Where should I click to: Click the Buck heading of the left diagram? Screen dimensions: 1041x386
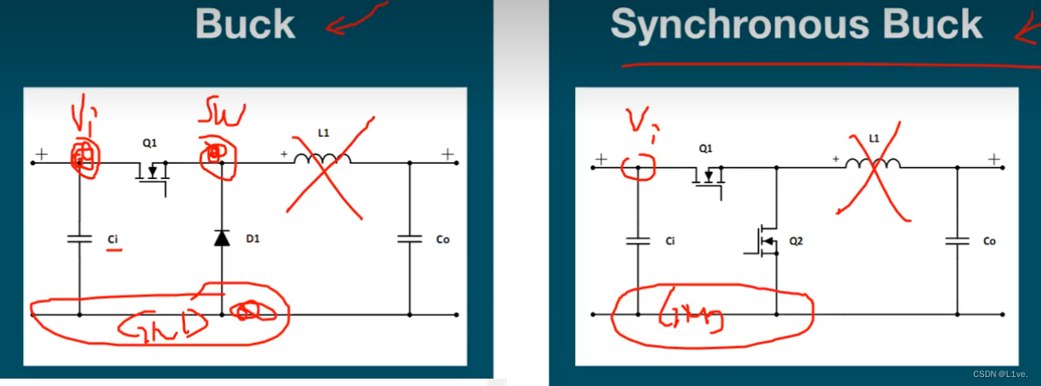click(x=245, y=25)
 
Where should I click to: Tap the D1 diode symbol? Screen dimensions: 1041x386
click(x=222, y=238)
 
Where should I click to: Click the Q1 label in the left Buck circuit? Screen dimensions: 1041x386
click(x=149, y=143)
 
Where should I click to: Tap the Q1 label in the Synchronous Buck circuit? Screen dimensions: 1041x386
click(x=706, y=149)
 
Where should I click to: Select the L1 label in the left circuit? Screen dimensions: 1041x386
click(x=323, y=132)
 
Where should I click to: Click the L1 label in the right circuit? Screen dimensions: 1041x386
click(x=874, y=138)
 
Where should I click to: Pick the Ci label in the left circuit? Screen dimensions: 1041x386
click(x=113, y=240)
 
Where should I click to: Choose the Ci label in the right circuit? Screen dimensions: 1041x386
click(x=670, y=241)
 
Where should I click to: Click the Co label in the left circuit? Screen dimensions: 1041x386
click(x=442, y=239)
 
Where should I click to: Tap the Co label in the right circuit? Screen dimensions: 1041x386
click(x=990, y=241)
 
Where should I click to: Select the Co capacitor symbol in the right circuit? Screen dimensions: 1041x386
click(x=957, y=240)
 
